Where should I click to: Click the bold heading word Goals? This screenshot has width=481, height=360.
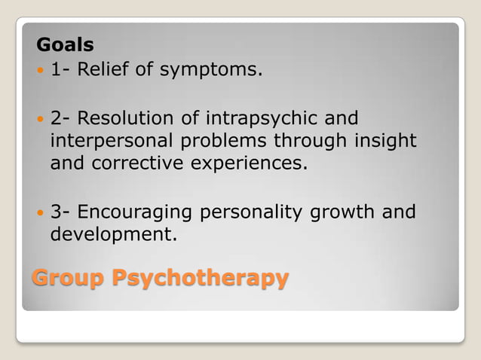tap(65, 45)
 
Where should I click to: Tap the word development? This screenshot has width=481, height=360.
tap(113, 235)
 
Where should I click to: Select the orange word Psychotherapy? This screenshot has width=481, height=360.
tap(200, 278)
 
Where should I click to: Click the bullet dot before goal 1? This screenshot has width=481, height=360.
tap(40, 72)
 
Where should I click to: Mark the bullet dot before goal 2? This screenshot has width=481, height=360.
tap(40, 120)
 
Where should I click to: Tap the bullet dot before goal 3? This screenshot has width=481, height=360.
tap(40, 213)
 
